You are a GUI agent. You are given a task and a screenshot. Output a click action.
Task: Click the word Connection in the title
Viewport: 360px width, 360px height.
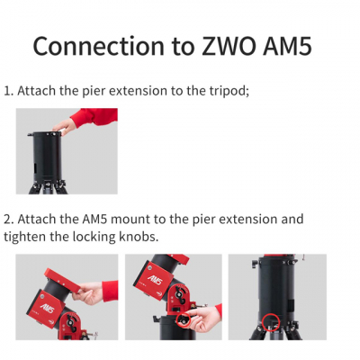[98, 46]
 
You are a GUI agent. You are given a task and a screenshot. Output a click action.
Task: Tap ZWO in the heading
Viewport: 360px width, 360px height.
[229, 46]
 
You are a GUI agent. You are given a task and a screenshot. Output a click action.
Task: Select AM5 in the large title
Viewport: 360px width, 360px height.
[287, 46]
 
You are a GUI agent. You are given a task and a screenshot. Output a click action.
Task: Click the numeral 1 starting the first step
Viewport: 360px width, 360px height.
[7, 91]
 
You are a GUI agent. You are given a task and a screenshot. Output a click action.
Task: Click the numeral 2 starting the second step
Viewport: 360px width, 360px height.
[8, 220]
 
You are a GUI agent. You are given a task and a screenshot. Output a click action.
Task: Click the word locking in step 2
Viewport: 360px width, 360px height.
[94, 238]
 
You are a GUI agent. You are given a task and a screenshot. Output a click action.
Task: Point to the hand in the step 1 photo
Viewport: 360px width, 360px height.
[64, 126]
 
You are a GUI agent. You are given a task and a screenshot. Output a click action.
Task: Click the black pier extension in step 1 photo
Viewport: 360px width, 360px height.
[47, 157]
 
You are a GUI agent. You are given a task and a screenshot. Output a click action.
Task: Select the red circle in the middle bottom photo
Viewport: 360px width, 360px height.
[184, 319]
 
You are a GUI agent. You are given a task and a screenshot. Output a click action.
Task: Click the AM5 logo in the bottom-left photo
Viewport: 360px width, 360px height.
[47, 308]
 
